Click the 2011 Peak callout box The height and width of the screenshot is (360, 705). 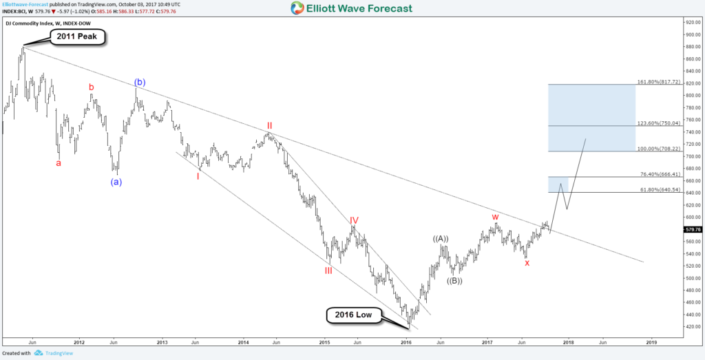tap(76, 36)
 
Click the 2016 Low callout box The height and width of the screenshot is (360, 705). tap(353, 316)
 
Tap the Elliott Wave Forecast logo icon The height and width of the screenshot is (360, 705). tap(297, 8)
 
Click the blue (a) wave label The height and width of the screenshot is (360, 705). tap(117, 182)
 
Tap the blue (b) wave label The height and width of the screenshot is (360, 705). tap(139, 83)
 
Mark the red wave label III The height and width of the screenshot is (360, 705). tap(328, 271)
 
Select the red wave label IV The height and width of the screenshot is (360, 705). tap(353, 220)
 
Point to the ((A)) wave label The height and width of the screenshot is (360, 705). tap(441, 239)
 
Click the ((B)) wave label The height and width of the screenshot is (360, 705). tap(454, 280)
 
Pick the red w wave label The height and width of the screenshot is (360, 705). tap(495, 217)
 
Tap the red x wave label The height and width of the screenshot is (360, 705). tap(527, 263)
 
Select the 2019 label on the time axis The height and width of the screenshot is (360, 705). tap(651, 341)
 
